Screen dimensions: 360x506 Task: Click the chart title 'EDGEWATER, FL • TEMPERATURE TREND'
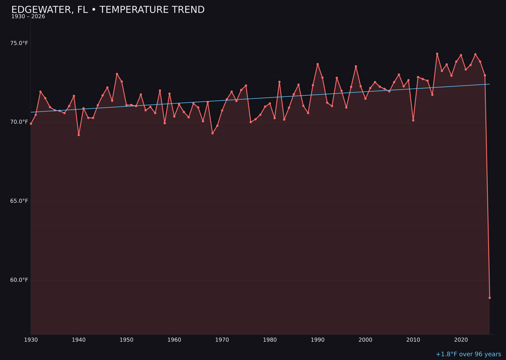[x=108, y=10]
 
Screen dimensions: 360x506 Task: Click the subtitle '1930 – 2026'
[x=28, y=17]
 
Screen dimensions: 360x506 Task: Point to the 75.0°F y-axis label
[x=19, y=43]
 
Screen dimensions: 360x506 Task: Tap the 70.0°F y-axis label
[x=19, y=122]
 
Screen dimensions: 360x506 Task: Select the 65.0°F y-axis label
[x=19, y=201]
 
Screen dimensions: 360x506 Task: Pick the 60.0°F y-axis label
[x=19, y=280]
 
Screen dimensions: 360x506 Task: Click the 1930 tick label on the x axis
[x=31, y=340]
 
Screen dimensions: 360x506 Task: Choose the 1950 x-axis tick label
[x=126, y=340]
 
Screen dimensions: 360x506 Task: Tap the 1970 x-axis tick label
[x=222, y=340]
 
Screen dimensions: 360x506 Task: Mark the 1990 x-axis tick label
[x=318, y=340]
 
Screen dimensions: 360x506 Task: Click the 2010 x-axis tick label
[x=413, y=340]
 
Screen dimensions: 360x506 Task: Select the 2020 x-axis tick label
[x=461, y=340]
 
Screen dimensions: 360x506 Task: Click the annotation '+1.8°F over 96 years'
[x=468, y=354]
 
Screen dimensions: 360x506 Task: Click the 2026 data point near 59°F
[x=490, y=298]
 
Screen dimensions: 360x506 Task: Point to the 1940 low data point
[x=79, y=135]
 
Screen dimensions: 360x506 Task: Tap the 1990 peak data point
[x=318, y=64]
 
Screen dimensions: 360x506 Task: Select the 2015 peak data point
[x=437, y=54]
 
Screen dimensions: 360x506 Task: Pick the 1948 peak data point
[x=117, y=74]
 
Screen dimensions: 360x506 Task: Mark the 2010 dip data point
[x=413, y=120]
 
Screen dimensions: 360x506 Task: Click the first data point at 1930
[x=31, y=124]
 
